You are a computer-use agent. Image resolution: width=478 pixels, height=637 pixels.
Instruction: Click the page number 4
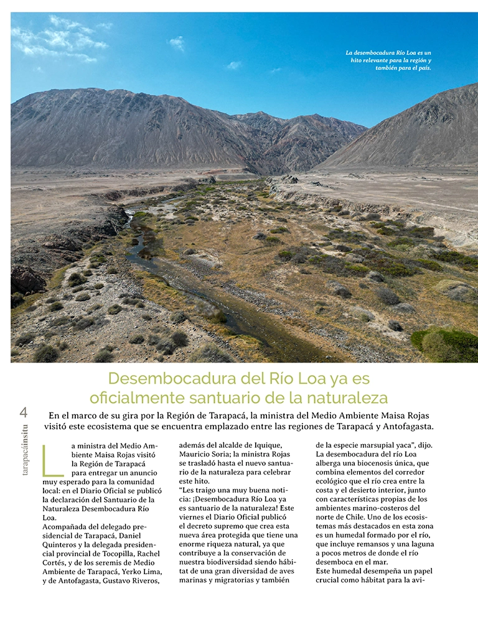tap(24, 412)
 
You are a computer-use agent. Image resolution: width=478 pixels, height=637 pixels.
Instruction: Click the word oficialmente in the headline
tap(139, 398)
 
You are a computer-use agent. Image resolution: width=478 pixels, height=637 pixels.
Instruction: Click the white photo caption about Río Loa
tap(388, 60)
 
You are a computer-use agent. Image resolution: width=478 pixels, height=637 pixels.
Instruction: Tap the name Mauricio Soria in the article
tap(206, 455)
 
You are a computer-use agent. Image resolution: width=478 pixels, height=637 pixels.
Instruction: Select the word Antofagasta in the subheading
tap(402, 427)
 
